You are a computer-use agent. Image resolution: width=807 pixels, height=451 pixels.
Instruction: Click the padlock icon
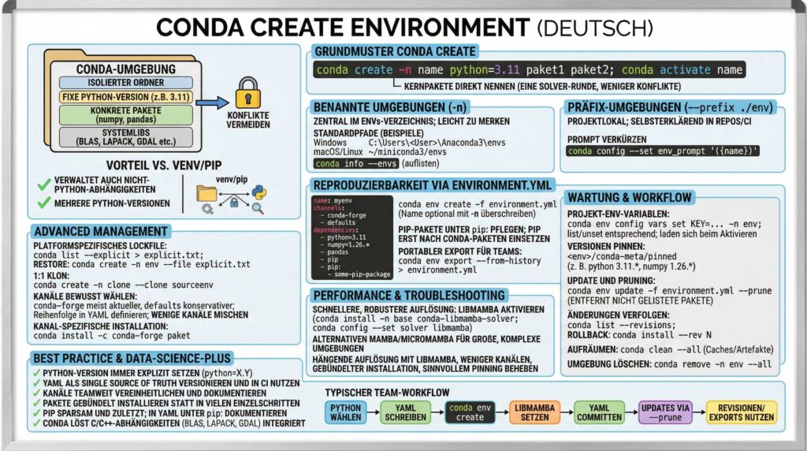[x=249, y=91]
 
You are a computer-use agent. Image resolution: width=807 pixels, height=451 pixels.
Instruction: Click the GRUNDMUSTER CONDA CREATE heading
[x=396, y=52]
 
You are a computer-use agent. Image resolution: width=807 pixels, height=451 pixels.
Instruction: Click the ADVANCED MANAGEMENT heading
[x=100, y=232]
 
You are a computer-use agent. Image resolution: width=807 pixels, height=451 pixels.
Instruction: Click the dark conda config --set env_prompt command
[x=663, y=151]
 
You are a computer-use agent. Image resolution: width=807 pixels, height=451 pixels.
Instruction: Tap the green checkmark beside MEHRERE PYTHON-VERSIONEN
[x=44, y=203]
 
